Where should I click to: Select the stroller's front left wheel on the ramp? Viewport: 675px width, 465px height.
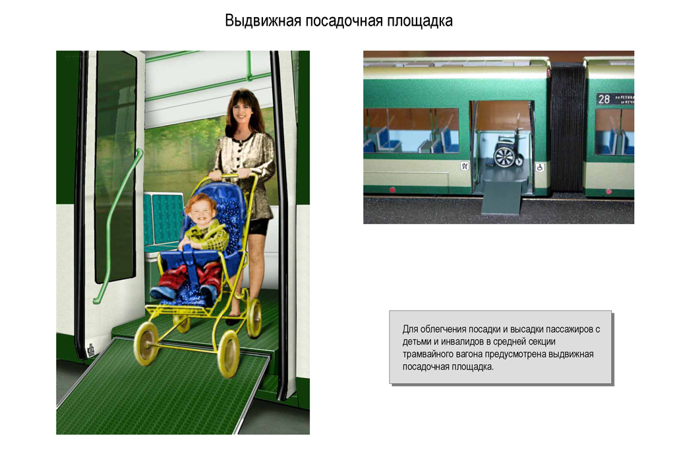coord(146,343)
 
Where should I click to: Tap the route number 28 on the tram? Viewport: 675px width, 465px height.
coord(604,99)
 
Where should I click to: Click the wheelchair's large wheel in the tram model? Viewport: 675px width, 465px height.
coord(505,157)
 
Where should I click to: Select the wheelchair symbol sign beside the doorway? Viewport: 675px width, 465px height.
coord(540,167)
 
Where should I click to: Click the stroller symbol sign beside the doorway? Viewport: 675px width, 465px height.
coord(464,167)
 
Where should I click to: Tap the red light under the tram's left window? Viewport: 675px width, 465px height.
coord(392,190)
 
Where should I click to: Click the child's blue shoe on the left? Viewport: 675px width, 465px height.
coord(162,292)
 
